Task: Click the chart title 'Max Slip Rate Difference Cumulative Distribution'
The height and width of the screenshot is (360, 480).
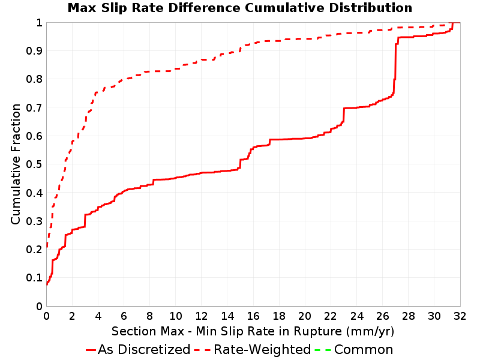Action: coord(239,8)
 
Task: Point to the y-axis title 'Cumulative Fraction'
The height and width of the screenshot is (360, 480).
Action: coord(16,164)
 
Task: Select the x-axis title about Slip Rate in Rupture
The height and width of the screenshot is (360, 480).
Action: coord(253,331)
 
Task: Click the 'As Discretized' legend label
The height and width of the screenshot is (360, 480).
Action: coord(144,349)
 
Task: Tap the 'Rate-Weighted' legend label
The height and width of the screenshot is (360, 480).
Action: coord(262,349)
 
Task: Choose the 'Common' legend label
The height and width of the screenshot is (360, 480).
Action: coord(364,349)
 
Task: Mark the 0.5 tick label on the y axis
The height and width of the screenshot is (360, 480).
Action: coord(34,164)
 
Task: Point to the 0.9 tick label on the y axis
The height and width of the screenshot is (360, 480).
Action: coord(34,50)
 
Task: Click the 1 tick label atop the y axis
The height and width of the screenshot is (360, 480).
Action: coord(39,22)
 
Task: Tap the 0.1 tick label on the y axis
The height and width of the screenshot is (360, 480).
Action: coord(34,278)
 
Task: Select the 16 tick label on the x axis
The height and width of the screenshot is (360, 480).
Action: coord(253,316)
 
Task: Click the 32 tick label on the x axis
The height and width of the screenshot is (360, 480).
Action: coord(460,316)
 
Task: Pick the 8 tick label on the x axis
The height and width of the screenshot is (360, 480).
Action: coord(149,316)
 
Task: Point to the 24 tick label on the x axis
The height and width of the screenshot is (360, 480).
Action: coord(356,316)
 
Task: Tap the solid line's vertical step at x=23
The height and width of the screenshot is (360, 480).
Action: coord(344,115)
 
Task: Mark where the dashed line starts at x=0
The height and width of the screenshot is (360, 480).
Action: coord(47,246)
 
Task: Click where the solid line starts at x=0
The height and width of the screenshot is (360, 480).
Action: coord(47,284)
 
